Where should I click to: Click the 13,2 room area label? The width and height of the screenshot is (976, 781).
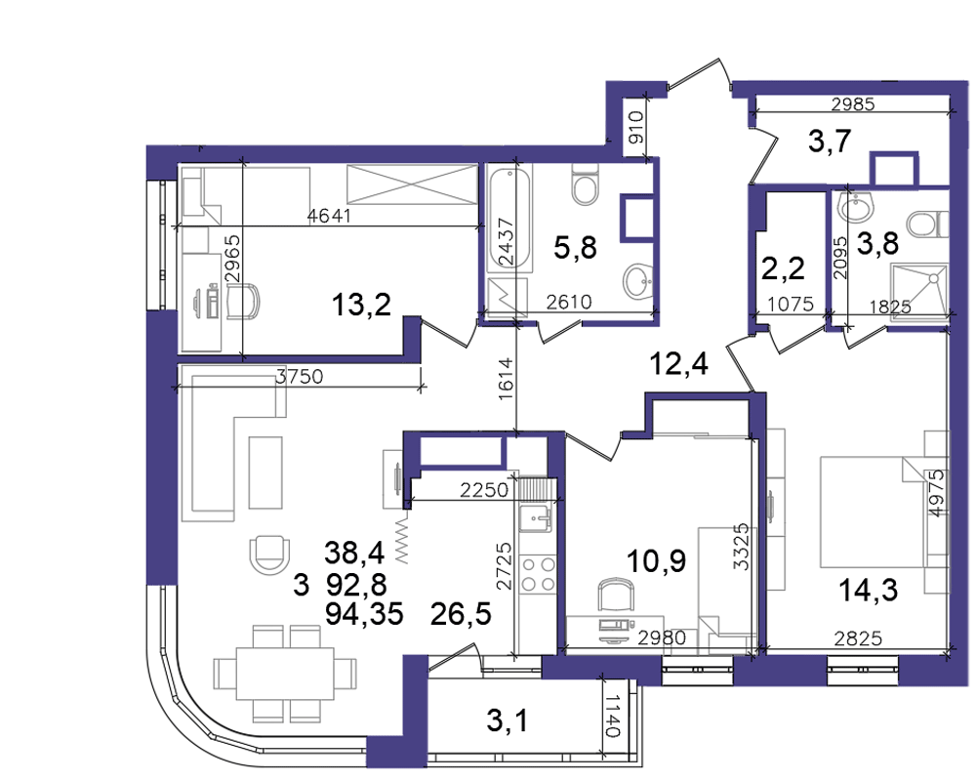tap(361, 306)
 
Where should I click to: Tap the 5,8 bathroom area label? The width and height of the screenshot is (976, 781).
tap(575, 247)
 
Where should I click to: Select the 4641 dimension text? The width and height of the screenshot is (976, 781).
tap(329, 216)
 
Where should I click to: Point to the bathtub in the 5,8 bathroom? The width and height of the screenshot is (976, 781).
tap(509, 219)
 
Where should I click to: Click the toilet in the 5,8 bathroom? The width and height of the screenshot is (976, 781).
tap(585, 185)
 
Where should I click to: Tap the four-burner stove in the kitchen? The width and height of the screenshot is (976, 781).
tap(539, 574)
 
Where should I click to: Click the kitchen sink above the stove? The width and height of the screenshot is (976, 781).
tap(536, 518)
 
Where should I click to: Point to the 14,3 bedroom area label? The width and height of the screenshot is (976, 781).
tap(868, 590)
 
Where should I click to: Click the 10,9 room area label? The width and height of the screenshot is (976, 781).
tap(656, 560)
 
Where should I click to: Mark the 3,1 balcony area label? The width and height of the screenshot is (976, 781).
tap(507, 721)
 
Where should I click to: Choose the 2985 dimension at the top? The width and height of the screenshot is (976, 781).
tap(853, 104)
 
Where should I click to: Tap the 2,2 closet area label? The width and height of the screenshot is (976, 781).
tap(783, 268)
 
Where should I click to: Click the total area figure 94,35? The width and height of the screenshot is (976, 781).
tap(364, 614)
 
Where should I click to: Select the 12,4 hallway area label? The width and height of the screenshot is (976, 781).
tap(678, 363)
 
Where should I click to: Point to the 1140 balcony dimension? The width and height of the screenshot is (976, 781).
tap(612, 717)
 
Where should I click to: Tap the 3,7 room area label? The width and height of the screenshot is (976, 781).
tap(830, 141)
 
